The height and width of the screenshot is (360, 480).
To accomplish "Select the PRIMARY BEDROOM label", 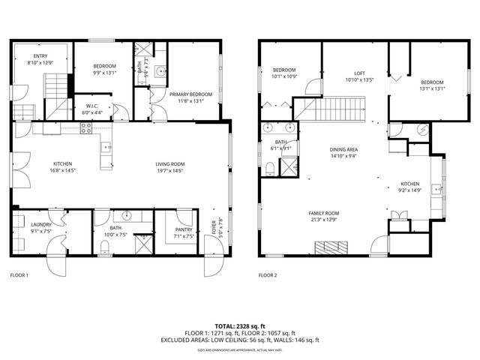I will (x=190, y=94).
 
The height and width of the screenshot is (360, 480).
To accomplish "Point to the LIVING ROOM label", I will (x=169, y=163).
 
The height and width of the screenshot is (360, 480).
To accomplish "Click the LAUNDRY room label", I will (x=40, y=224).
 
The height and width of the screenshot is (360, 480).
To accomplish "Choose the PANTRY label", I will (x=184, y=229).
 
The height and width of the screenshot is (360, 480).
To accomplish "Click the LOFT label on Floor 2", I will (x=358, y=73).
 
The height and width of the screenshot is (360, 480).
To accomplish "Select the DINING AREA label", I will (x=344, y=150).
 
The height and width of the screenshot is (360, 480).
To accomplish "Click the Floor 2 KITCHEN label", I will (x=409, y=184).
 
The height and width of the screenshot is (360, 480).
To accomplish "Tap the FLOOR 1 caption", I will (x=19, y=275).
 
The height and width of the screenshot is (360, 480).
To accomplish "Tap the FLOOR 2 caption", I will (x=268, y=275).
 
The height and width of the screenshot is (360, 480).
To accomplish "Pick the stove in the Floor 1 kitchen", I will (x=85, y=128).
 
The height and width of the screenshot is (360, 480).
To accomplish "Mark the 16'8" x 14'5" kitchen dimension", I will (x=62, y=170).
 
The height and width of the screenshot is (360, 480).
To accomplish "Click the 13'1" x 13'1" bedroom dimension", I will (x=433, y=88).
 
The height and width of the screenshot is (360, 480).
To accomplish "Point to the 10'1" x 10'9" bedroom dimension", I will (x=284, y=76).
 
